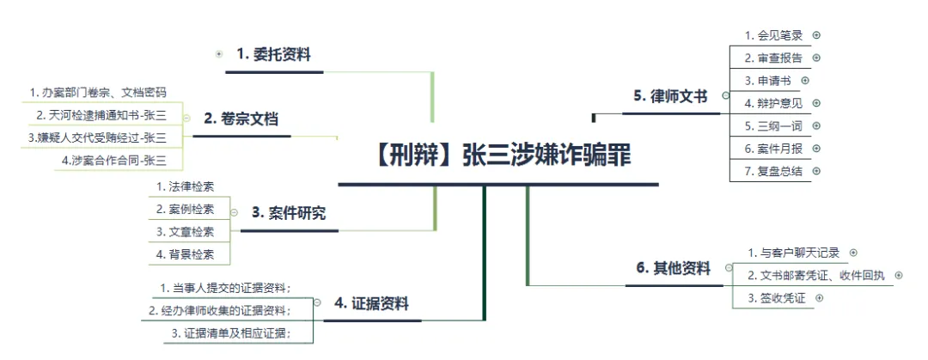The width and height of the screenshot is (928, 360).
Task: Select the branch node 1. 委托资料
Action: (x=273, y=55)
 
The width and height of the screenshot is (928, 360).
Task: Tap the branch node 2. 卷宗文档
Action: (x=241, y=119)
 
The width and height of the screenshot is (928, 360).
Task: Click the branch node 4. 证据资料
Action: (x=371, y=303)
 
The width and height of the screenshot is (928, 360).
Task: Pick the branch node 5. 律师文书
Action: (x=670, y=96)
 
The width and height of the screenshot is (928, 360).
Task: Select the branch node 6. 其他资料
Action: (x=674, y=268)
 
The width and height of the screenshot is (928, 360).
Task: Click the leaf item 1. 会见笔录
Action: (x=773, y=35)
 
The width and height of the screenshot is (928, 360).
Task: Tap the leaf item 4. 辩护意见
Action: (x=773, y=103)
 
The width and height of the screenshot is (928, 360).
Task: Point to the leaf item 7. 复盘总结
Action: (x=773, y=170)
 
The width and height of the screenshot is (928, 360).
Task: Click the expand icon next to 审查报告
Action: (x=816, y=58)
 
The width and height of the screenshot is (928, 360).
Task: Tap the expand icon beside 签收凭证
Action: (x=818, y=297)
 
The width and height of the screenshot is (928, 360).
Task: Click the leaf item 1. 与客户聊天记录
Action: (x=793, y=253)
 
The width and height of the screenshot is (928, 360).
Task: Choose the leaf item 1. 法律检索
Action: (x=186, y=186)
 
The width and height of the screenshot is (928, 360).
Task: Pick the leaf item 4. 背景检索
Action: (x=186, y=254)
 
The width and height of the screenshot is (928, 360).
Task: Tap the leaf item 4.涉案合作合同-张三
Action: (x=114, y=160)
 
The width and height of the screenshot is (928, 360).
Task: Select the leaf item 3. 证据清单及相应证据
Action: (x=231, y=333)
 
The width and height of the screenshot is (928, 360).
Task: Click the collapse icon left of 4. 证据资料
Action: (x=318, y=302)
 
